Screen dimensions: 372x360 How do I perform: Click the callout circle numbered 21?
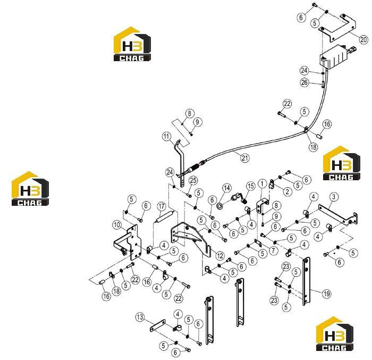(x=244, y=158)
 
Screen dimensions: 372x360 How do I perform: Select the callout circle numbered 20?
(x=363, y=39)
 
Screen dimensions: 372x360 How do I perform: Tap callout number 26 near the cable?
(x=305, y=82)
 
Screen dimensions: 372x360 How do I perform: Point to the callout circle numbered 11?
(x=166, y=137)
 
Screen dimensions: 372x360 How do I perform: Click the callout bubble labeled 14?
(x=227, y=188)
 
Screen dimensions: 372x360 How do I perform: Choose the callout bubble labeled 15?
(x=251, y=186)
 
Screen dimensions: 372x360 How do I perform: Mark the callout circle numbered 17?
(x=162, y=207)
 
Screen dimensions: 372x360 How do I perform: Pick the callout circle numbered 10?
(x=117, y=225)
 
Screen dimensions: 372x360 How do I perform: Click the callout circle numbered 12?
(x=220, y=256)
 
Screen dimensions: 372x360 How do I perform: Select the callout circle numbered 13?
(x=140, y=317)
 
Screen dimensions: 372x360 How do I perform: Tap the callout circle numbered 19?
(x=327, y=294)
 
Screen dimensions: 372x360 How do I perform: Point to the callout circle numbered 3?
(x=334, y=197)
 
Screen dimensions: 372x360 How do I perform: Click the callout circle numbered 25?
(x=193, y=180)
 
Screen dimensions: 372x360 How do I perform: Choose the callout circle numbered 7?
(x=273, y=250)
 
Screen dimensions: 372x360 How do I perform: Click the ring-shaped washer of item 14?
(x=220, y=206)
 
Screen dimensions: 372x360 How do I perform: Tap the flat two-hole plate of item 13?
(x=158, y=325)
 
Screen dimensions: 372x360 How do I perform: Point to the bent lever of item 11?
(x=181, y=163)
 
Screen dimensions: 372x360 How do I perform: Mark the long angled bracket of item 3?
(x=337, y=214)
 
